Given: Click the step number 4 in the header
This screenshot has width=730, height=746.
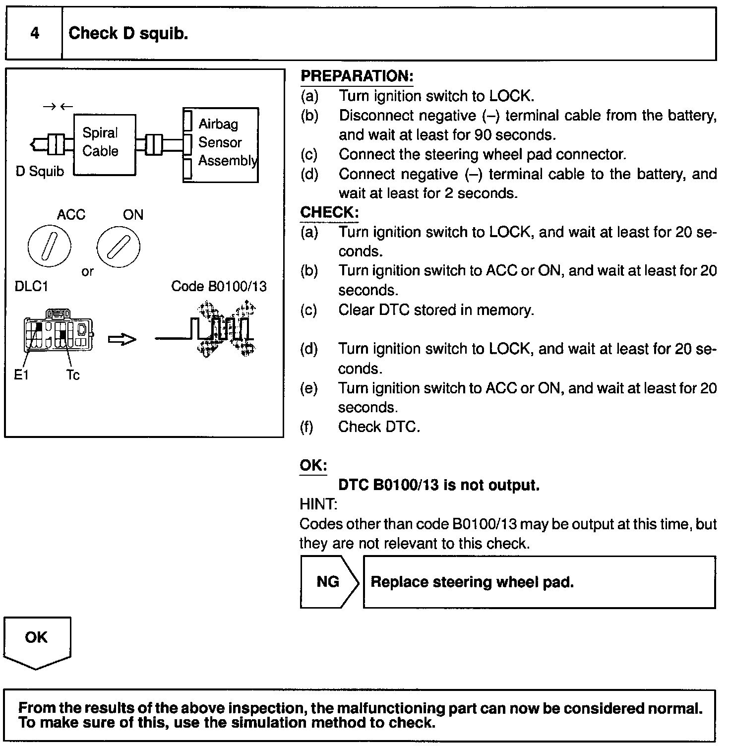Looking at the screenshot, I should (34, 33).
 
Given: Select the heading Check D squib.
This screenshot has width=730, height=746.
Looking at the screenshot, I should (128, 33).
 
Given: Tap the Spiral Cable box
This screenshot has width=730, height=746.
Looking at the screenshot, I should (104, 144).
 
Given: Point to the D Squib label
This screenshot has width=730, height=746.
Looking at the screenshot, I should (40, 172).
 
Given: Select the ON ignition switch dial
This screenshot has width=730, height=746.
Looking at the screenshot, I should (118, 246).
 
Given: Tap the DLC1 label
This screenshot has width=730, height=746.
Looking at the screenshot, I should (31, 287).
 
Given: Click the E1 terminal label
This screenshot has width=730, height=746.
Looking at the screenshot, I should (21, 375).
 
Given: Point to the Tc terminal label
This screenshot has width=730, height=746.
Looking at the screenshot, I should (73, 375).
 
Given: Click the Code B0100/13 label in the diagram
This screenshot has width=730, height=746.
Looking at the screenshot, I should (219, 286).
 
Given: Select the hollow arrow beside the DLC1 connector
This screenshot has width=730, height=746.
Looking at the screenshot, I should (122, 339).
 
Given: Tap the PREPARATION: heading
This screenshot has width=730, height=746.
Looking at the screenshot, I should (357, 76).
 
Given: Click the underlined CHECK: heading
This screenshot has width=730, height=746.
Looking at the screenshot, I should (329, 212).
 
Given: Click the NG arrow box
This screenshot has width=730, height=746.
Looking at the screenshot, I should (328, 582).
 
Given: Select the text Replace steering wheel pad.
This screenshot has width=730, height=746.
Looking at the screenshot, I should (472, 582).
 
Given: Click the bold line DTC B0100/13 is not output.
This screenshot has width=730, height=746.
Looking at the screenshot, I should (438, 485).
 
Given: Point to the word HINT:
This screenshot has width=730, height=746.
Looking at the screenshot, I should (318, 504).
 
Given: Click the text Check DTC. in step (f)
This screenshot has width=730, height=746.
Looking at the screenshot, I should (379, 427).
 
